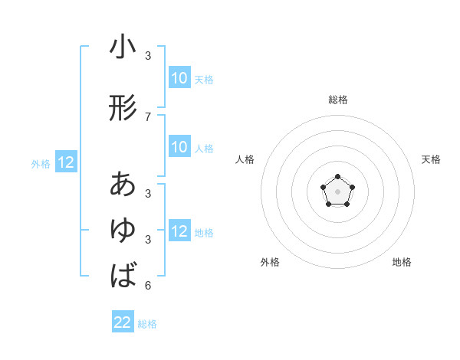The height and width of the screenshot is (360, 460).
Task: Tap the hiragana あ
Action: click(123, 185)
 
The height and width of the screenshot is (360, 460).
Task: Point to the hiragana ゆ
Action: click(123, 231)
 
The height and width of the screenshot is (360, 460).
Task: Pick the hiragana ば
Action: click(123, 275)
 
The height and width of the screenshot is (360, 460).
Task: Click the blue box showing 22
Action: click(123, 322)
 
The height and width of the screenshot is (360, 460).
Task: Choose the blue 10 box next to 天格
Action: click(179, 78)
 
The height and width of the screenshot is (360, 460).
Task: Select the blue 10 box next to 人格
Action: click(179, 147)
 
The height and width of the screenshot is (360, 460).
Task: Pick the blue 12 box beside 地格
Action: click(179, 231)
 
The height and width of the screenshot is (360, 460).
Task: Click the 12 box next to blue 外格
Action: click(66, 162)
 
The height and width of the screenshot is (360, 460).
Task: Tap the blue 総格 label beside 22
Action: click(147, 324)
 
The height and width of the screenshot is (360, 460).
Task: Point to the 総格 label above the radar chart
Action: click(337, 100)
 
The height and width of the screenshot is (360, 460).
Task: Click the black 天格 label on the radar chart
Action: click(431, 159)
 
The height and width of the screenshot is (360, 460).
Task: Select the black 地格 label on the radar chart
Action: click(402, 262)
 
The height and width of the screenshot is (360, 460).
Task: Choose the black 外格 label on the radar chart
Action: click(270, 262)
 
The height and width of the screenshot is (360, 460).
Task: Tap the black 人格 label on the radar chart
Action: click(245, 159)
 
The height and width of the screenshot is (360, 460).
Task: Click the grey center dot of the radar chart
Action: click(337, 191)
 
